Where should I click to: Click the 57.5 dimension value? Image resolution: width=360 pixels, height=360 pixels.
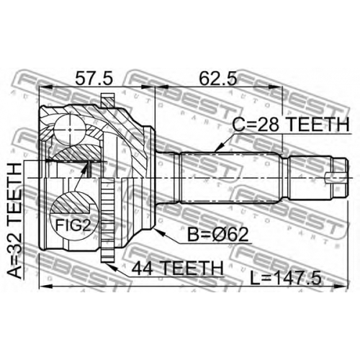(x=94, y=78)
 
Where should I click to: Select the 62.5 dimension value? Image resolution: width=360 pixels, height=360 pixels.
(x=218, y=78)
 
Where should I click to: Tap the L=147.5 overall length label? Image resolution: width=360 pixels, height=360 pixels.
(x=285, y=278)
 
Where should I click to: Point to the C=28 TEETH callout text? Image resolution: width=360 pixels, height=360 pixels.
(x=291, y=125)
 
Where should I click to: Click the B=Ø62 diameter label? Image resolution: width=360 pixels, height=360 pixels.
(x=217, y=235)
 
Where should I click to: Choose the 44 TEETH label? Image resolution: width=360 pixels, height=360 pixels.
(x=178, y=269)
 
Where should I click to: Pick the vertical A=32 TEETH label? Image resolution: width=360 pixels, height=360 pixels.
(x=15, y=221)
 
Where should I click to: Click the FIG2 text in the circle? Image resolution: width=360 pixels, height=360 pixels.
(x=73, y=225)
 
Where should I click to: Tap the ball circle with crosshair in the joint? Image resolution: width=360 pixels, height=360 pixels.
(x=70, y=130)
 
